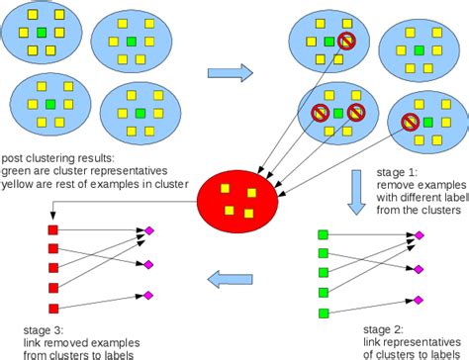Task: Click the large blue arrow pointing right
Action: tap(230, 71)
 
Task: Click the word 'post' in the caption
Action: tap(14, 156)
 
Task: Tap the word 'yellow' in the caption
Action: tap(19, 180)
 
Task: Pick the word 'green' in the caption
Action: tap(18, 168)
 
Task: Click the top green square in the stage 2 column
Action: tap(323, 234)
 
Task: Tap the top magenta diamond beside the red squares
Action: tap(149, 230)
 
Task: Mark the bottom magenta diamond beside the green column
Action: tap(419, 300)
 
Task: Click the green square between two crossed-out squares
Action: tap(339, 113)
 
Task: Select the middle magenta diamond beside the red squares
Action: tap(149, 264)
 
